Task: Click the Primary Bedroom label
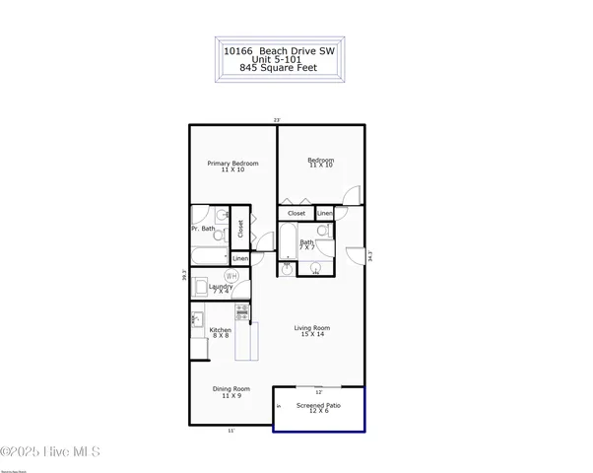tap(232, 164)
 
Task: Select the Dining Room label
tap(231, 388)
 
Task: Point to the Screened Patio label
tap(320, 405)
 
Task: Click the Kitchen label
tap(221, 330)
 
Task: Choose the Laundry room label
tap(221, 287)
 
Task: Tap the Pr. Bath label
tap(203, 229)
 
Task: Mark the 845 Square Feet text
tap(278, 70)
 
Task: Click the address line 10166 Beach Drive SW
tap(278, 48)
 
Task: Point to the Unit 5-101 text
tap(278, 59)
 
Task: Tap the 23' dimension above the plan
tap(278, 119)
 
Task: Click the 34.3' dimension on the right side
tap(369, 256)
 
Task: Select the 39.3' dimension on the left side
tap(185, 277)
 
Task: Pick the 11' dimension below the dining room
tap(231, 430)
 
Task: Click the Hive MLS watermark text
tap(51, 452)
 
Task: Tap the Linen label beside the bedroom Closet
tap(324, 213)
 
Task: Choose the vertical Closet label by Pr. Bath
tap(240, 229)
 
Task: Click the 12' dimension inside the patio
tap(318, 392)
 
